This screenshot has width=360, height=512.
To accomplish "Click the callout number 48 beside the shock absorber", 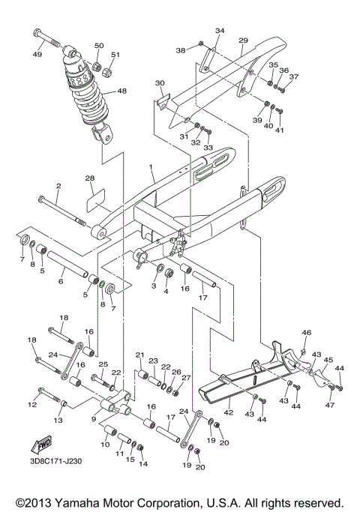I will [x=121, y=92].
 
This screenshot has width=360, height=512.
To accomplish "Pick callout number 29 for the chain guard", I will [x=243, y=40].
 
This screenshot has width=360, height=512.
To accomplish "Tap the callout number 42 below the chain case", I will [x=228, y=412].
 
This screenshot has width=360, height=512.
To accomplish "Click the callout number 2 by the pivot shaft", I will [x=58, y=185].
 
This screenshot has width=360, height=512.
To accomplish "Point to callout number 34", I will [x=220, y=31].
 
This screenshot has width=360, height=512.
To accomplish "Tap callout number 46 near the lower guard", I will [x=306, y=332].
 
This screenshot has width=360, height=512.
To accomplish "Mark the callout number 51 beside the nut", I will [x=115, y=54].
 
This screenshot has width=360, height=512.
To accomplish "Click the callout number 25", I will [x=103, y=364].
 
